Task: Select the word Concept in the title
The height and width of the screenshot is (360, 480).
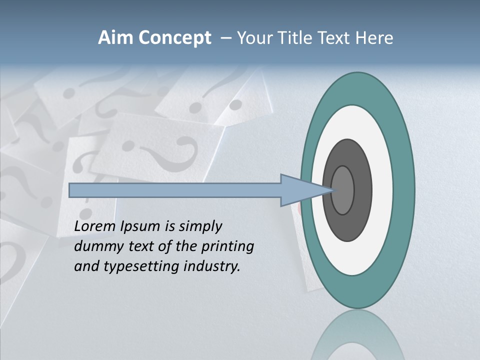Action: [x=174, y=38]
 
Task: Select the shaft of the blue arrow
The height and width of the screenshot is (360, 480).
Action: [x=175, y=190]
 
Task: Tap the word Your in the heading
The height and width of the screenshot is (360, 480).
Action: [x=255, y=38]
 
